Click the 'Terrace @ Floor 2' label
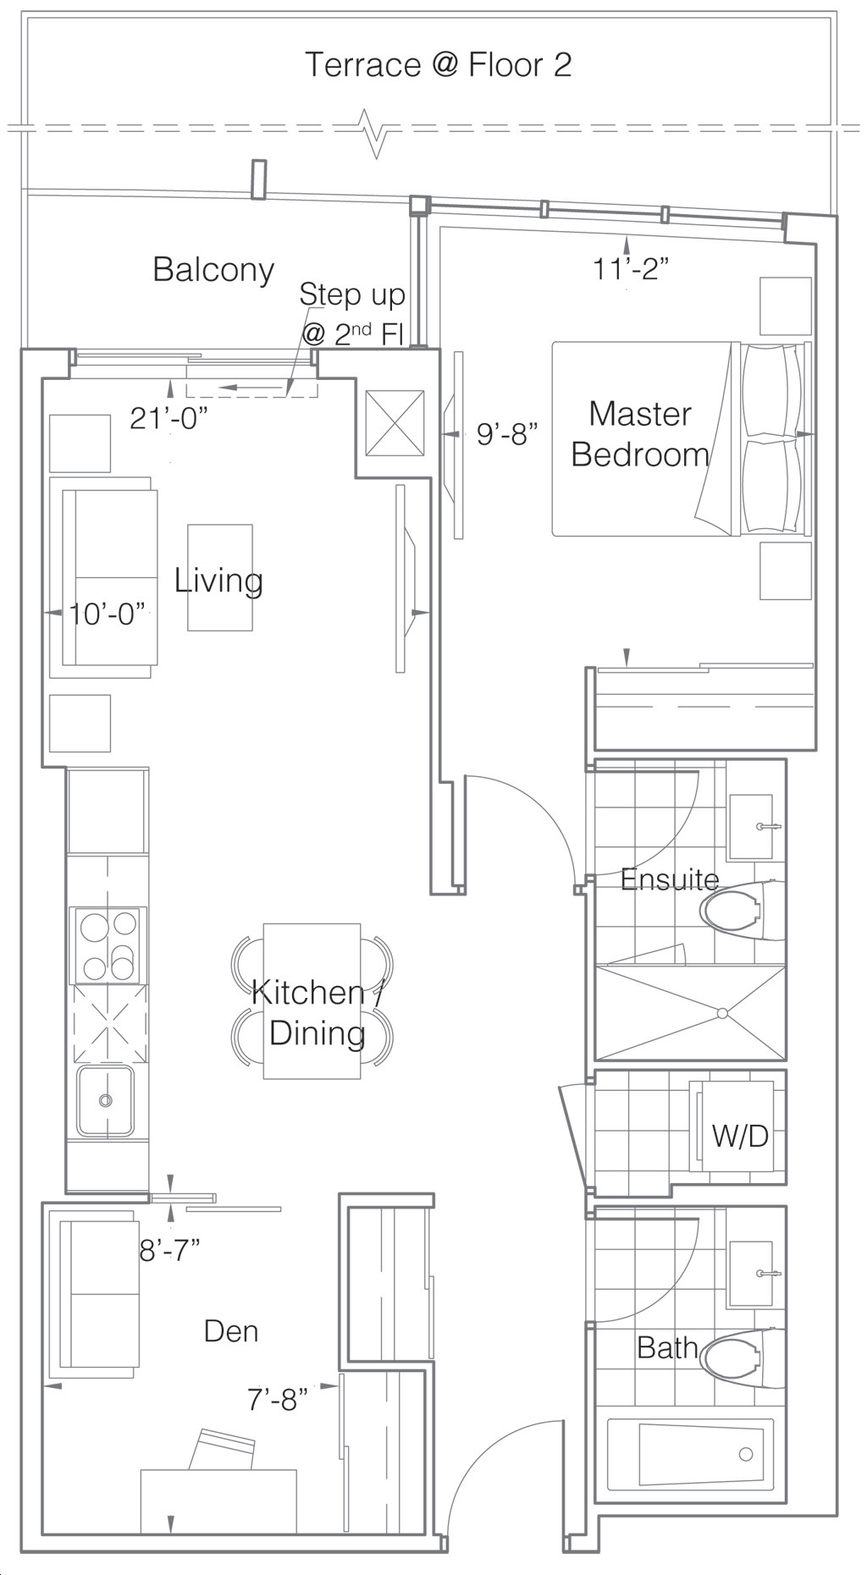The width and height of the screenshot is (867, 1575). tap(438, 65)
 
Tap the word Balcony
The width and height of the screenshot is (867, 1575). tap(213, 270)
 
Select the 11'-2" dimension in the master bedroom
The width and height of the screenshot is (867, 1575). tap(631, 269)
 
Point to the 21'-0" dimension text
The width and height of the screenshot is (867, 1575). tap(168, 417)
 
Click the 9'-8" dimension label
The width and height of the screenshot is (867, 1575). tap(508, 434)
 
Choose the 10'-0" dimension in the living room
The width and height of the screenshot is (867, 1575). tap(108, 614)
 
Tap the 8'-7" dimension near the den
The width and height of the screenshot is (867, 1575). tap(169, 1249)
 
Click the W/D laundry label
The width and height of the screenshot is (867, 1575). tap(740, 1135)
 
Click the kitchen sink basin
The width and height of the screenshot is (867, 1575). tap(105, 1100)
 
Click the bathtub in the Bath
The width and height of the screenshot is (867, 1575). tap(690, 1455)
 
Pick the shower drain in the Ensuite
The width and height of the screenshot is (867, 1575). tap(722, 1013)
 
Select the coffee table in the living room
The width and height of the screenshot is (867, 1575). tap(220, 577)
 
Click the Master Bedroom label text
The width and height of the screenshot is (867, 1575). tap(640, 434)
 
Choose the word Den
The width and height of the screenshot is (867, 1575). tap(231, 1331)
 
